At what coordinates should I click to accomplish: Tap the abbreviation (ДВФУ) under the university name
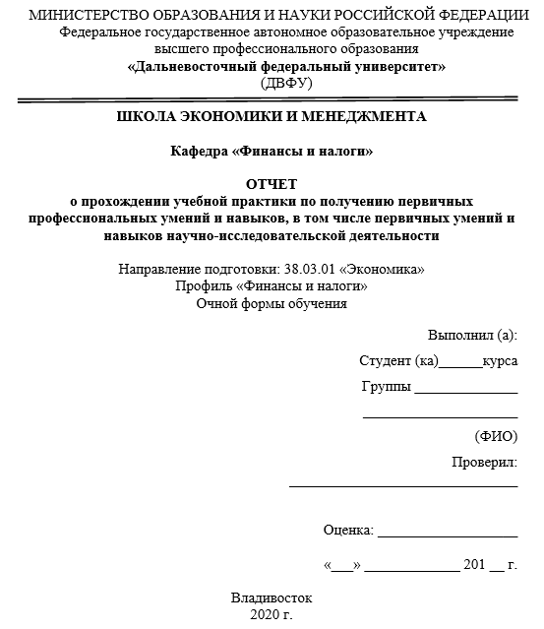tap(286, 84)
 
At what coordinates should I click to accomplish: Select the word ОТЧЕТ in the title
tap(272, 184)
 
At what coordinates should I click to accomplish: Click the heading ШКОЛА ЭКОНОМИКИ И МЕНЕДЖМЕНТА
tap(272, 116)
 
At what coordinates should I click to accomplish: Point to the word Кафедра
tap(198, 151)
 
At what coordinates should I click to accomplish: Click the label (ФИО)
tap(496, 436)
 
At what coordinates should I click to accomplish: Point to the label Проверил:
tap(484, 463)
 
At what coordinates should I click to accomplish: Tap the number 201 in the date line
tap(474, 566)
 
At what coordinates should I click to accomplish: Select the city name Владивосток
tap(272, 598)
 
